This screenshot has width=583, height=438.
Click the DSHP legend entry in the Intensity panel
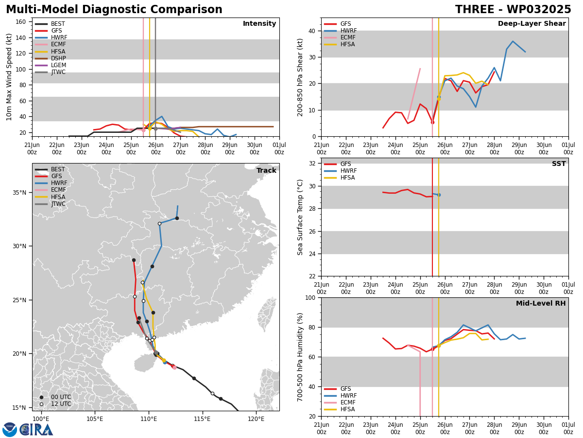pos(51,58)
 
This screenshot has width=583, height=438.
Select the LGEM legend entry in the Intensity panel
pos(51,65)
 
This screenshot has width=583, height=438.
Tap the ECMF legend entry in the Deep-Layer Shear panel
pos(340,37)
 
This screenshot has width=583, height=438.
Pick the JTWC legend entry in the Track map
pos(50,204)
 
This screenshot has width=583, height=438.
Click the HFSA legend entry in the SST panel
pos(340,177)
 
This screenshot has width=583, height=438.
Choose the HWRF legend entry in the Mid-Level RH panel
pos(340,396)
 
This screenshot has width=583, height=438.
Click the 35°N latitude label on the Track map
pos(19,192)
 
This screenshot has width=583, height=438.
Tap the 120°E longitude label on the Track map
pos(256,419)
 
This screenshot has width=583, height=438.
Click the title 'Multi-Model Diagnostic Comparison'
pos(114,9)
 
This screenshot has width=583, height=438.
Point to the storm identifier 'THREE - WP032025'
pos(513,9)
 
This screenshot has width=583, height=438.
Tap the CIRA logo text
pos(36,430)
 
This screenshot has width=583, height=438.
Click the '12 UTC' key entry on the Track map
pos(56,404)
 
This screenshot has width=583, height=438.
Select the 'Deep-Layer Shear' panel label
pos(532,23)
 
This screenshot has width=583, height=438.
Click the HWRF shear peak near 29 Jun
pos(513,41)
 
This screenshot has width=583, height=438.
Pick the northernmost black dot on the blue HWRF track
pos(177,219)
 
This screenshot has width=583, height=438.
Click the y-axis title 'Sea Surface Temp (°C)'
pos(300,217)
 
